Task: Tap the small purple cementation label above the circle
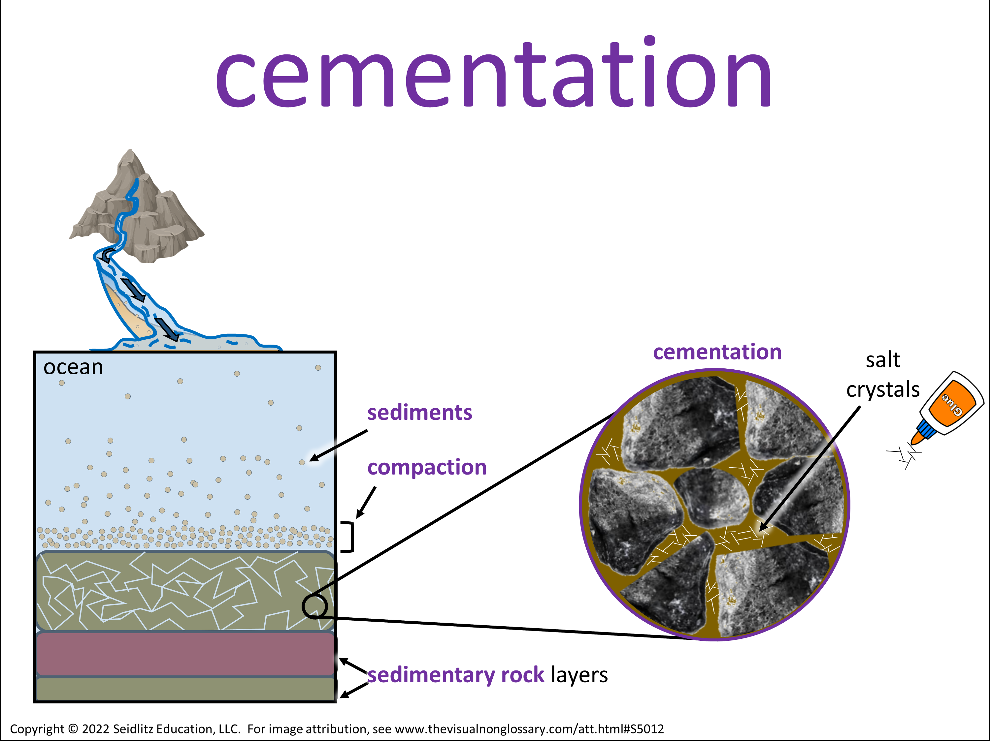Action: tap(717, 352)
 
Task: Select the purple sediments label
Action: tap(419, 412)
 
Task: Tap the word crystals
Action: tap(883, 389)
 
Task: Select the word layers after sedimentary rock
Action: tap(579, 675)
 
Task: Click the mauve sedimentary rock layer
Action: tap(185, 654)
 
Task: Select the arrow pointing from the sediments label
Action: tap(338, 446)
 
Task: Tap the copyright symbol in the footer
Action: tap(73, 729)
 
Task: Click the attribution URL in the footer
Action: tap(529, 729)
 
